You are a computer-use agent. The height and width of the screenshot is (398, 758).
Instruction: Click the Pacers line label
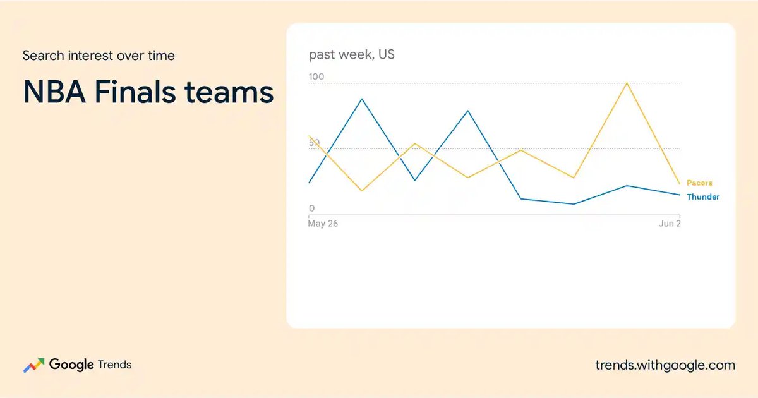[x=699, y=183]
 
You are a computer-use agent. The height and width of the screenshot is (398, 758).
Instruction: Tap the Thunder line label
[x=703, y=196]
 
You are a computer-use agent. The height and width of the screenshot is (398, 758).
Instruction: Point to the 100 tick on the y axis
[x=316, y=76]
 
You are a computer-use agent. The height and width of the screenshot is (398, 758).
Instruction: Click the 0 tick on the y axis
[x=311, y=208]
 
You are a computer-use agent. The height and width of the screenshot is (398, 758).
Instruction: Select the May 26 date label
[x=323, y=224]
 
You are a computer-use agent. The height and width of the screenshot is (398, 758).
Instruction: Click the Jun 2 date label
[x=670, y=224]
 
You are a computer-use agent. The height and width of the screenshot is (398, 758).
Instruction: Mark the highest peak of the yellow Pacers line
[x=627, y=83]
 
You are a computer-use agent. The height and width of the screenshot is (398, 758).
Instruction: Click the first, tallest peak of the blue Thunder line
[x=362, y=99]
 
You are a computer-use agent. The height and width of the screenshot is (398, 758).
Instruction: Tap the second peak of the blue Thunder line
[x=468, y=111]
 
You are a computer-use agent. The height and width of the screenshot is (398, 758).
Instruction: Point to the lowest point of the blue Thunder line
[x=574, y=204]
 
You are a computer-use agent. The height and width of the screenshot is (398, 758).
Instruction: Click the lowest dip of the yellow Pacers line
[x=362, y=191]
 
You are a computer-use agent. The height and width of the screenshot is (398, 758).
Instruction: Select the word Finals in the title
[x=135, y=92]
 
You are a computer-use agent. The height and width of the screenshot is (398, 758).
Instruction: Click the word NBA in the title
[x=54, y=92]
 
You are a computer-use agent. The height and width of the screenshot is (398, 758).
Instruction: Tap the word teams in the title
[x=229, y=93]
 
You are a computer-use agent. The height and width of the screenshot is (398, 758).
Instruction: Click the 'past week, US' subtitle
[x=352, y=54]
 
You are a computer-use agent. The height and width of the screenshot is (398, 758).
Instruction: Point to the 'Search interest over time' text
[x=99, y=56]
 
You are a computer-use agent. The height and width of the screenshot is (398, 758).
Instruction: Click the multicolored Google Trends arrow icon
[x=34, y=365]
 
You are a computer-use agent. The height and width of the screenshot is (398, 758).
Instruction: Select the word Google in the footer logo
[x=71, y=365]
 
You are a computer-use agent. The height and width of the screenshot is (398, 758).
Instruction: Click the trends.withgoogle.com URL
[x=665, y=365]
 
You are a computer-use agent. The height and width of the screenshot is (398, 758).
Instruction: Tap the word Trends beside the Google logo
[x=114, y=365]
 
